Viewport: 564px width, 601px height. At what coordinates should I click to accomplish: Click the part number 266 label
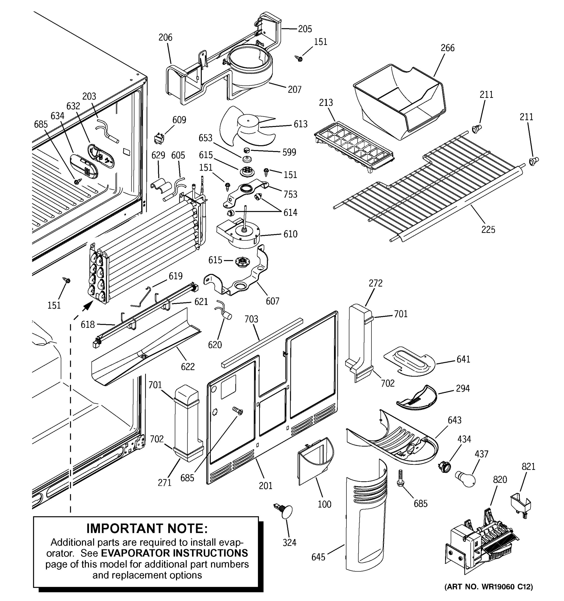pos(447,48)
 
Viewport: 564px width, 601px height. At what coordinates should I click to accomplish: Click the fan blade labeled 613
pos(247,126)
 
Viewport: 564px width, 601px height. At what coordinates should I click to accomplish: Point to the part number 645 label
pos(318,557)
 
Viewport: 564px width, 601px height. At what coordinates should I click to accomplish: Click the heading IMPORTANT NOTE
pos(147,528)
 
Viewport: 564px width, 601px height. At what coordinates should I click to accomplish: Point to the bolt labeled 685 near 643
pos(401,478)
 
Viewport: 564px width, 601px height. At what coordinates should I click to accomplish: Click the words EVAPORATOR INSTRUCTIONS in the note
pos(174,553)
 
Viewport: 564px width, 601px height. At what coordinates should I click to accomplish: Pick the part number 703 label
pos(251,319)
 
